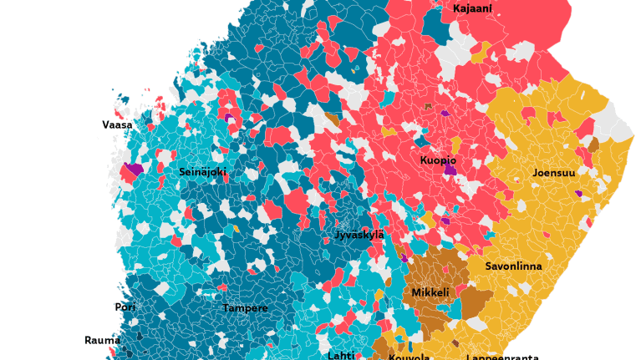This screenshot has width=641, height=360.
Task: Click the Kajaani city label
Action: (x=472, y=9)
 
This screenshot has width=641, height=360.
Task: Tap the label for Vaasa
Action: (x=117, y=125)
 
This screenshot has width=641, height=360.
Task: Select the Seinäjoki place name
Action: (x=202, y=172)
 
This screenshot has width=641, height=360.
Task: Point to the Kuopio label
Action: (x=438, y=160)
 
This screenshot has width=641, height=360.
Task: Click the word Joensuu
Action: (x=554, y=174)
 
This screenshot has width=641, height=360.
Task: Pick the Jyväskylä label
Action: (x=359, y=235)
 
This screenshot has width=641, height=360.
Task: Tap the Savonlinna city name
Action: (x=513, y=266)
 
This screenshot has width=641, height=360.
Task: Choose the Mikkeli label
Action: (x=430, y=293)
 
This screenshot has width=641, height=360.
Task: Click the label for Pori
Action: (x=125, y=307)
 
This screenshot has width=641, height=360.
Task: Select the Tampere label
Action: (x=245, y=308)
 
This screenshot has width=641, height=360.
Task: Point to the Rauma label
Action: (x=102, y=340)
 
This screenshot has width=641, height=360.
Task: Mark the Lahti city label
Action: (x=341, y=355)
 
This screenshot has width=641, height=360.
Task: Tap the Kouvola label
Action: (x=409, y=357)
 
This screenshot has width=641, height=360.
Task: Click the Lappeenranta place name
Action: (x=501, y=357)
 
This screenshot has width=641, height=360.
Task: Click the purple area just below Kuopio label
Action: (x=450, y=170)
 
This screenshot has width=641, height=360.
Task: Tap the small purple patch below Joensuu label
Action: (x=578, y=194)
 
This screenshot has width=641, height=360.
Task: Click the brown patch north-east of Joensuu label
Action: (x=593, y=145)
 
